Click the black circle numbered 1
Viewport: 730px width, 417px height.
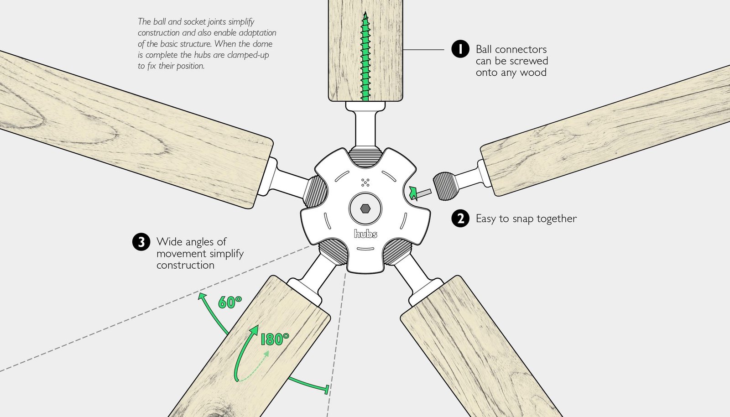[x=460, y=49]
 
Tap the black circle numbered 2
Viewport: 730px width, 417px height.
[x=460, y=219]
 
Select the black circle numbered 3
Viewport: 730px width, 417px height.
[x=141, y=242]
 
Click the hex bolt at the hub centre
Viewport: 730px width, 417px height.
[x=365, y=209]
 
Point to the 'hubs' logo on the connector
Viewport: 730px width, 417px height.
[x=366, y=234]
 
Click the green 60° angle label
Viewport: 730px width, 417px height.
[x=229, y=302]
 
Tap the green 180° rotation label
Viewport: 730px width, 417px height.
[x=275, y=339]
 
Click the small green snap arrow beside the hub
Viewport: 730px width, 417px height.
[x=413, y=193]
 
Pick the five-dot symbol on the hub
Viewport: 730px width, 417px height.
[x=365, y=182]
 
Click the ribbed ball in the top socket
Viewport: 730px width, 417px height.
[x=365, y=157]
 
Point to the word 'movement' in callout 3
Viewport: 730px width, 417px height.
[x=178, y=254]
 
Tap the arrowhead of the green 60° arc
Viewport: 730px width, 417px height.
[x=200, y=296]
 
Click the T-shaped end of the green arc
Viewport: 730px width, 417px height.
[x=327, y=389]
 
